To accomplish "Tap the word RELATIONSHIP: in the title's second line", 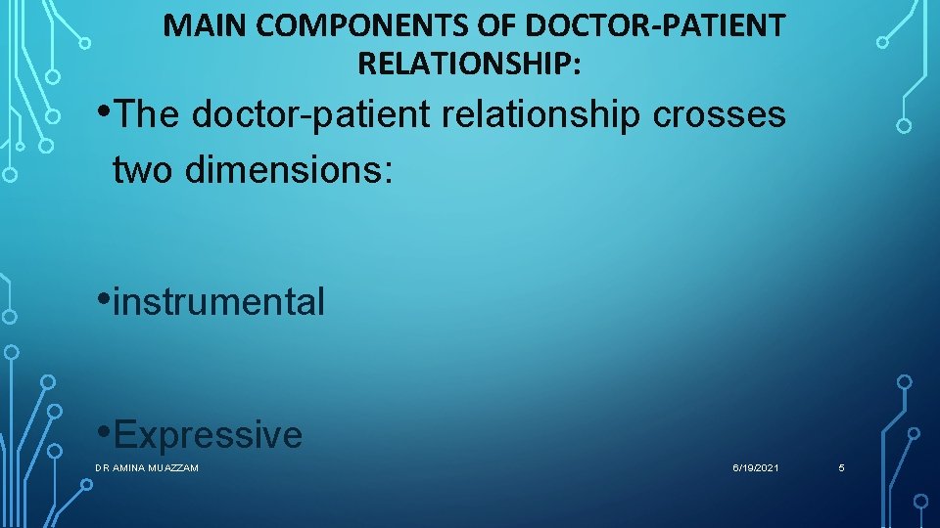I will click(469, 65).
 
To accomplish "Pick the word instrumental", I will click(218, 302).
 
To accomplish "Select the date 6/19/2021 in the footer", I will click(756, 469).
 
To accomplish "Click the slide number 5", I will click(841, 469).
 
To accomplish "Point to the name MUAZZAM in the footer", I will click(175, 469).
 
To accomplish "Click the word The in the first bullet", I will click(148, 115).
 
